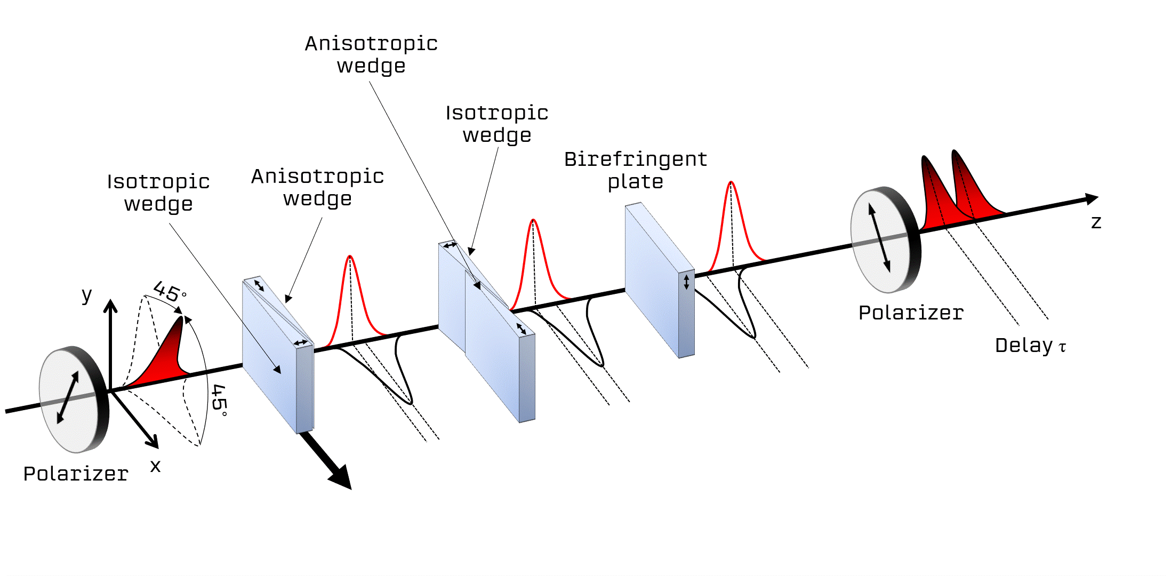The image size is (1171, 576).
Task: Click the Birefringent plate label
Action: pos(636,170)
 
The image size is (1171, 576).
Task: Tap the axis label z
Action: pos(1096,222)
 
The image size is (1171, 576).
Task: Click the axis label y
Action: pos(86,295)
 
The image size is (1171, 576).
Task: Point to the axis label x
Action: pos(155,466)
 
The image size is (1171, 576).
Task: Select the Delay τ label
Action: pos(1031,346)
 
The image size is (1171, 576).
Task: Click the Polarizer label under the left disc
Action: pos(76,474)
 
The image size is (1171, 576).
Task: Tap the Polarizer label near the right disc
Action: pos(911,313)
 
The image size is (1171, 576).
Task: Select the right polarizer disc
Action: pos(885,239)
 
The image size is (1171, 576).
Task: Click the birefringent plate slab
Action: pos(660,280)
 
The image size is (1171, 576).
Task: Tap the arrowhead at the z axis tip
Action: pos(1092,199)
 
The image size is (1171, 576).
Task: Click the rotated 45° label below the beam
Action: pos(219,401)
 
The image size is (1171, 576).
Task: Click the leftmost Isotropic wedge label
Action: pos(158,193)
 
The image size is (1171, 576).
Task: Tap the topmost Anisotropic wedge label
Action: pos(371,54)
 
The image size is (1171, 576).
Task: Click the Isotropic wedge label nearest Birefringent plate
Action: pos(497,124)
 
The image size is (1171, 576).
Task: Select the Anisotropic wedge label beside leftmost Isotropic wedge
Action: pos(318,187)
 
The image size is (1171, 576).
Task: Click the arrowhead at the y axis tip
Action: pos(110,306)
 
